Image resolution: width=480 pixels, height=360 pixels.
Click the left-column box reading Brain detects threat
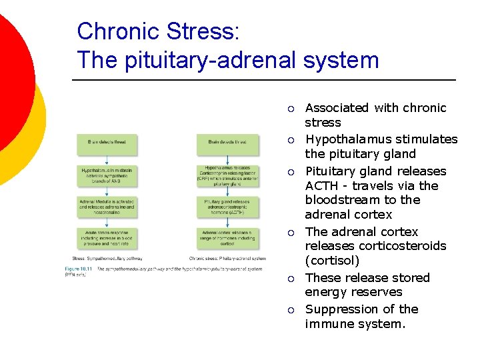point(106,142)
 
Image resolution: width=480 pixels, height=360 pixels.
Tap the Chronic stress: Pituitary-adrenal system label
point(227,259)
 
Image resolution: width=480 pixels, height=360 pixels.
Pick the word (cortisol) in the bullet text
point(332,261)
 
